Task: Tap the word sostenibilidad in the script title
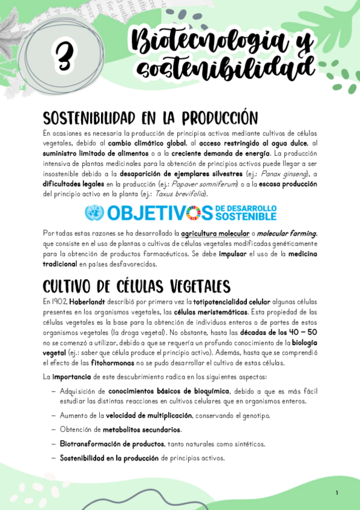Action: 225,68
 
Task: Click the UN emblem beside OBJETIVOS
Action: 94,212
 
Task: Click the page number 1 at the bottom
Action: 337,493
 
